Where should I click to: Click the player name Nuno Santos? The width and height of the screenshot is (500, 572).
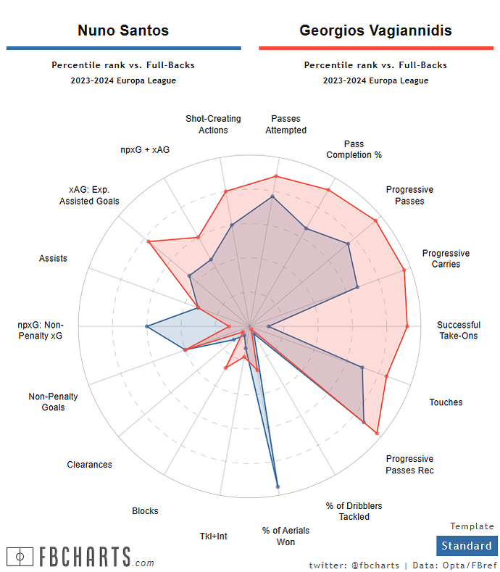[x=123, y=30]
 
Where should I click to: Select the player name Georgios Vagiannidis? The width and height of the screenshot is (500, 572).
[x=375, y=30]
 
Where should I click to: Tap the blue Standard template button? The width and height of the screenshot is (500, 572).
[x=467, y=546]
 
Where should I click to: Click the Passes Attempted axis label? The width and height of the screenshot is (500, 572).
[x=286, y=124]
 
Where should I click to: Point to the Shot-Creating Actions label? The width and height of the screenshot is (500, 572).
[x=213, y=124]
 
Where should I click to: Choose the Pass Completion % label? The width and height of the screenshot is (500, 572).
[x=354, y=149]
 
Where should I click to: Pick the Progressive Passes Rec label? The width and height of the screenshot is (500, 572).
[x=409, y=465]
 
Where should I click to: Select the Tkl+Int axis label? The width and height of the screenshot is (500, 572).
[x=213, y=536]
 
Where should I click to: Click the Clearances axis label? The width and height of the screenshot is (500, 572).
[x=89, y=465]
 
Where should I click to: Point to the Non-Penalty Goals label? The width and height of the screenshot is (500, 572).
[x=53, y=402]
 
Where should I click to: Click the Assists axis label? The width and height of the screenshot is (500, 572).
[x=53, y=258]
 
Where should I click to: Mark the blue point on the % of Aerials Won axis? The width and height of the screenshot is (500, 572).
[x=278, y=486]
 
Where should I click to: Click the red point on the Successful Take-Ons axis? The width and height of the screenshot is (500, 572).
[x=407, y=326]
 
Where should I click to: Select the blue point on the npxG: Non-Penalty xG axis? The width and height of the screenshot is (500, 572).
[x=147, y=327]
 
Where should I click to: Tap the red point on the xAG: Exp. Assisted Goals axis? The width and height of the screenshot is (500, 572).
[x=149, y=242]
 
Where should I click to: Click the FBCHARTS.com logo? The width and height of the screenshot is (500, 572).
[x=80, y=557]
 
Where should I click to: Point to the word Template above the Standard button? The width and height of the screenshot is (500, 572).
[x=472, y=526]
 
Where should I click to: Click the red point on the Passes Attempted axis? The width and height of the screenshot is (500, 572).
[x=276, y=176]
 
